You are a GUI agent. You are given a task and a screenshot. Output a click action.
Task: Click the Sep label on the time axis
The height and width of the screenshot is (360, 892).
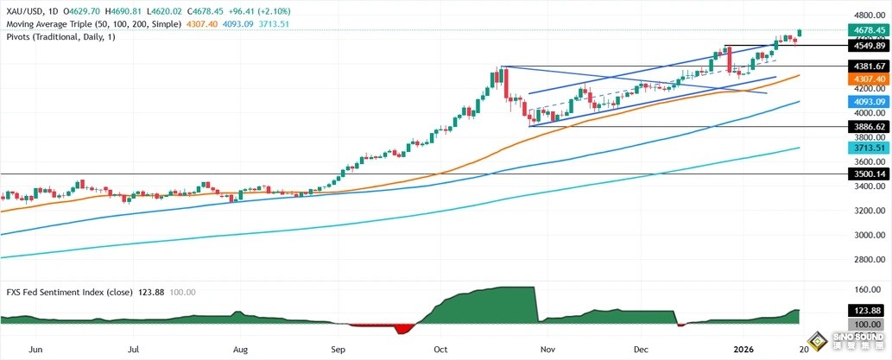(338, 351)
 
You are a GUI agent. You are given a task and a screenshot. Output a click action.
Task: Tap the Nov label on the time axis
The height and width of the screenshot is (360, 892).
(546, 351)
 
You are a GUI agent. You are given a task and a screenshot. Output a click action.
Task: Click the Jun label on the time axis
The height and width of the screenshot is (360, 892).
(35, 351)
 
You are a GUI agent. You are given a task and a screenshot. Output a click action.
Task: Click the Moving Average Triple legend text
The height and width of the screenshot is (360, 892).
(91, 24)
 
